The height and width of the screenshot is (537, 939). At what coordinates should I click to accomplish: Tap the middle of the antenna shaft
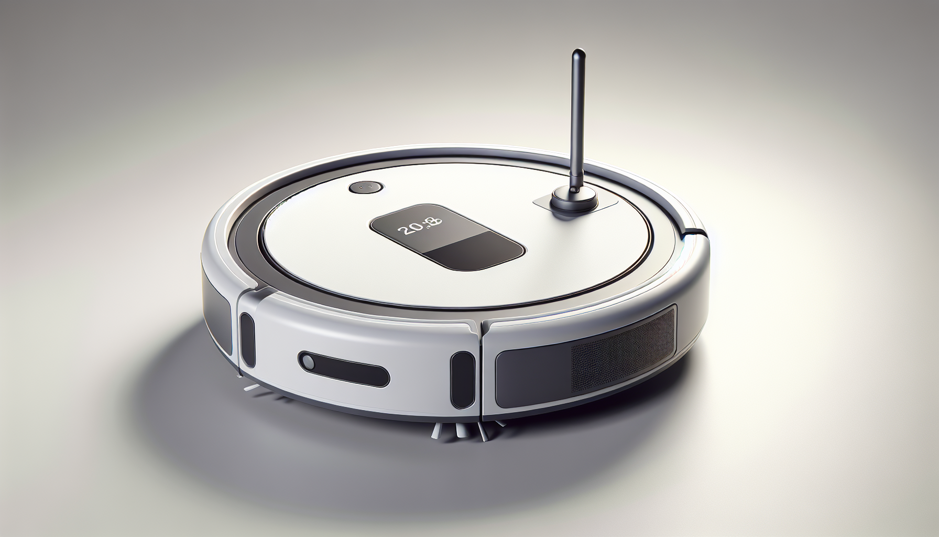(x=576, y=121)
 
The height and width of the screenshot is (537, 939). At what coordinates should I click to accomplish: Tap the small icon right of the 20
(x=432, y=224)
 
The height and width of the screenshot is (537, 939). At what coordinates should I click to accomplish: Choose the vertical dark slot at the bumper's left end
(x=247, y=340)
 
